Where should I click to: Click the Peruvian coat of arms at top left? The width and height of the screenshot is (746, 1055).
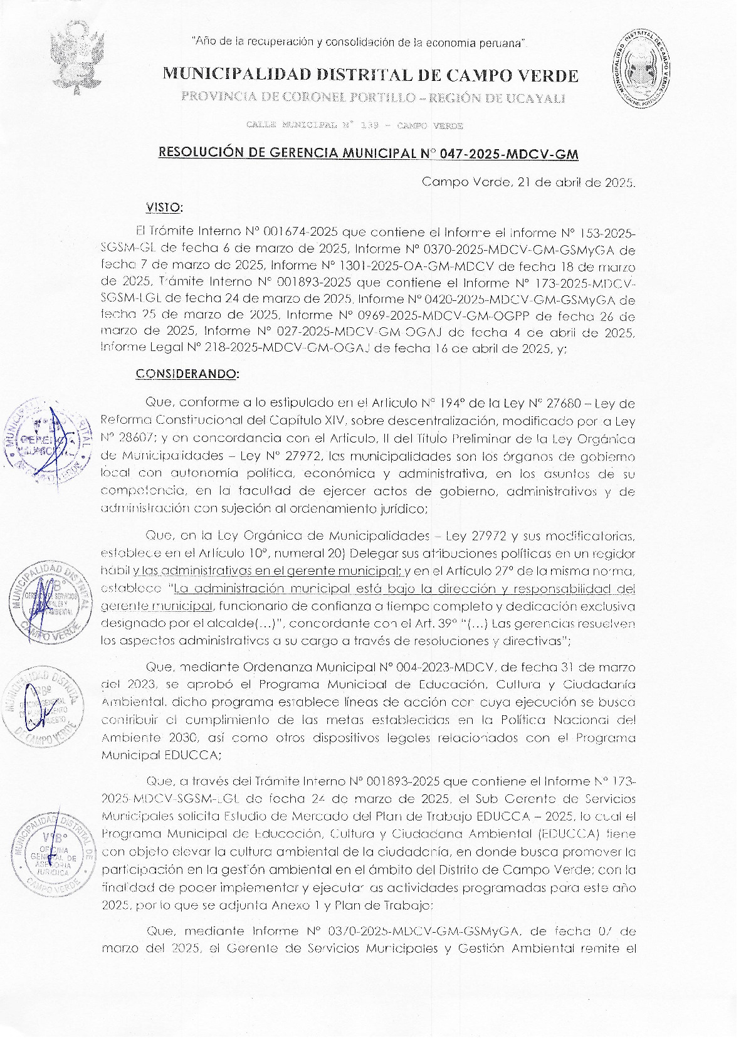(76, 58)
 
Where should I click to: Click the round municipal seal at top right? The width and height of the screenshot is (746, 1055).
(641, 68)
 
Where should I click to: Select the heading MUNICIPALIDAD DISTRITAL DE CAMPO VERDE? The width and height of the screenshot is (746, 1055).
(370, 75)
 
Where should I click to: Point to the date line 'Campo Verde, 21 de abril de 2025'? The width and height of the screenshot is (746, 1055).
(528, 182)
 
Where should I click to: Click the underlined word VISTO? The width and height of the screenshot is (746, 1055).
(164, 207)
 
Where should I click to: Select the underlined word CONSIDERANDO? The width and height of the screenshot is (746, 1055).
(187, 374)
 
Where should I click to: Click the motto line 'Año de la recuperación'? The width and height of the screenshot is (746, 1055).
(359, 43)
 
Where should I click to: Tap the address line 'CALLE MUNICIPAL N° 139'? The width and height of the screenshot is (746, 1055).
(355, 126)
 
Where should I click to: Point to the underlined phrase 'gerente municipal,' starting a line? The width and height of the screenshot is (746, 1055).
(157, 607)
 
